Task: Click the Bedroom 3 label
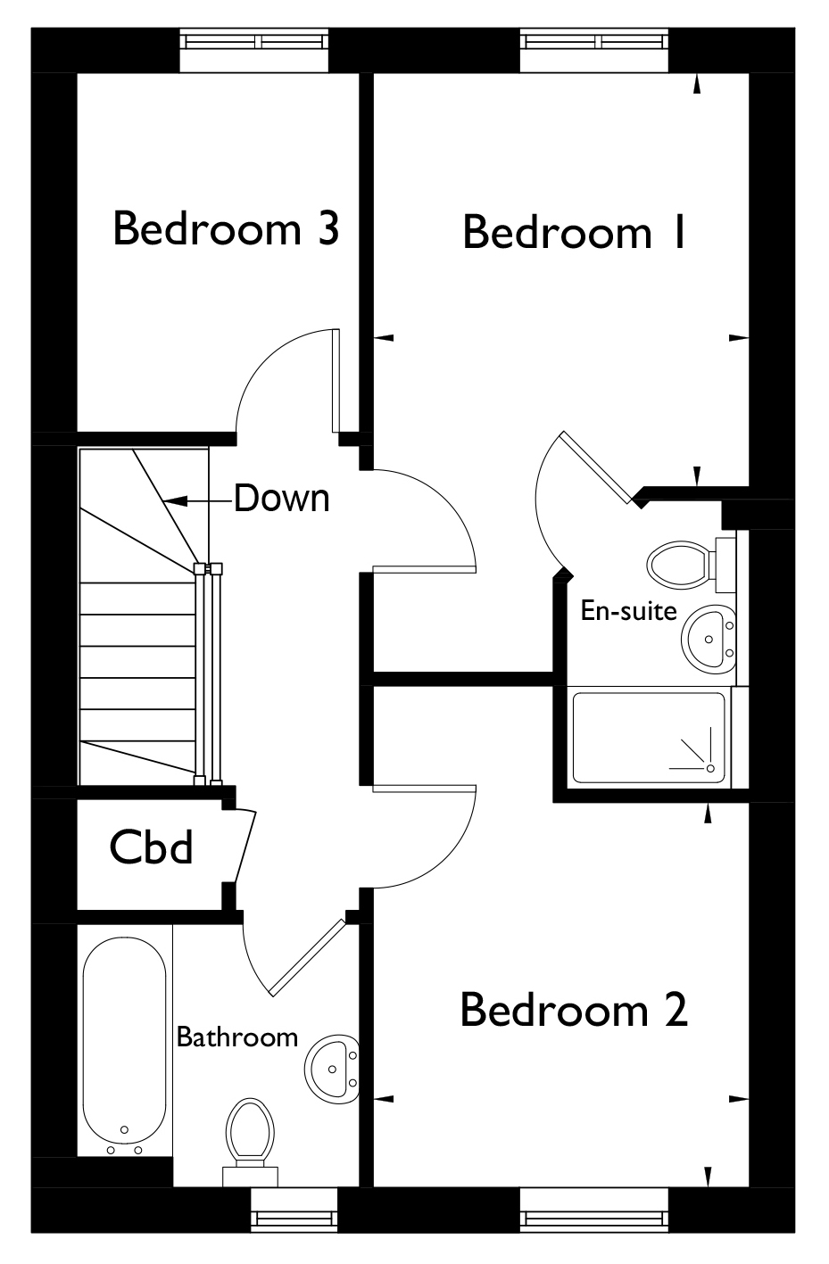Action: tap(226, 228)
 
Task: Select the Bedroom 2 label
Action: tap(574, 1010)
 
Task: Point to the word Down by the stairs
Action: tap(282, 498)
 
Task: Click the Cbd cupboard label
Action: tap(151, 847)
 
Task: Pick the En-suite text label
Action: tap(628, 610)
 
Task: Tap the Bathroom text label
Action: tap(237, 1037)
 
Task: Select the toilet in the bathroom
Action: tap(250, 1141)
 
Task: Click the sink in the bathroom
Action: tap(332, 1068)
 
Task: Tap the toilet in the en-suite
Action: tap(692, 565)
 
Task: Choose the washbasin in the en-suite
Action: tap(709, 639)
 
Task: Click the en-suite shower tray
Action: tap(649, 737)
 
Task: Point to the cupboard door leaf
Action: tap(245, 847)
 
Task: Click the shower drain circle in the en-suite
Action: tap(710, 769)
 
